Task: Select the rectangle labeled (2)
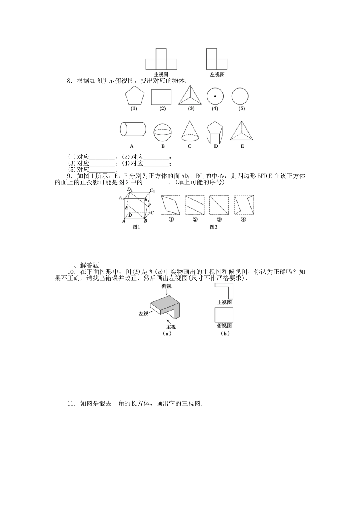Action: tap(161, 97)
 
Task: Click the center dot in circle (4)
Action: tap(215, 96)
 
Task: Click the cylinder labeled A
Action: tap(133, 129)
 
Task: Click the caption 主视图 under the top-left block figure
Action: tap(161, 75)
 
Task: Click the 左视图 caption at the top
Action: tap(217, 75)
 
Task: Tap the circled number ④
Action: tap(243, 220)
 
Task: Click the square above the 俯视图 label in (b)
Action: tap(224, 315)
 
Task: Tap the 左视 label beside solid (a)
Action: tap(143, 314)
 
